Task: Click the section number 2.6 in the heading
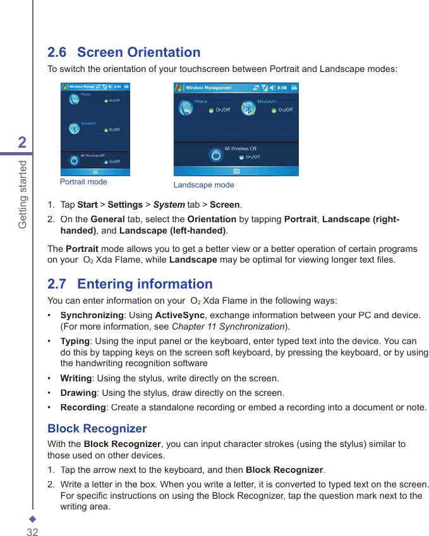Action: [x=57, y=52]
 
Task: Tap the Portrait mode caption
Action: [x=83, y=182]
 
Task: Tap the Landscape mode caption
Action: [x=203, y=185]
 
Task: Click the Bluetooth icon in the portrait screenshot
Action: [x=74, y=128]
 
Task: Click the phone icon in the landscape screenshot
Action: [x=186, y=108]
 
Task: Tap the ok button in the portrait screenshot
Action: [x=126, y=86]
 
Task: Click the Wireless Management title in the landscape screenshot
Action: [x=208, y=88]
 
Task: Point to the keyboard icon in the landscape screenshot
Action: [x=236, y=171]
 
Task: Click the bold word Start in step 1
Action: [x=87, y=205]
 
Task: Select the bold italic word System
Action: [x=169, y=205]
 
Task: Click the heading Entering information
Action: [x=145, y=284]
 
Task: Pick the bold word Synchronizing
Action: [x=92, y=315]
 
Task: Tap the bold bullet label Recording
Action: [x=83, y=407]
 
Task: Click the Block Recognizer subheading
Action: [x=97, y=429]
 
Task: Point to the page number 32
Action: [x=32, y=532]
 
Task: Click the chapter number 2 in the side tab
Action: [x=22, y=142]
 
